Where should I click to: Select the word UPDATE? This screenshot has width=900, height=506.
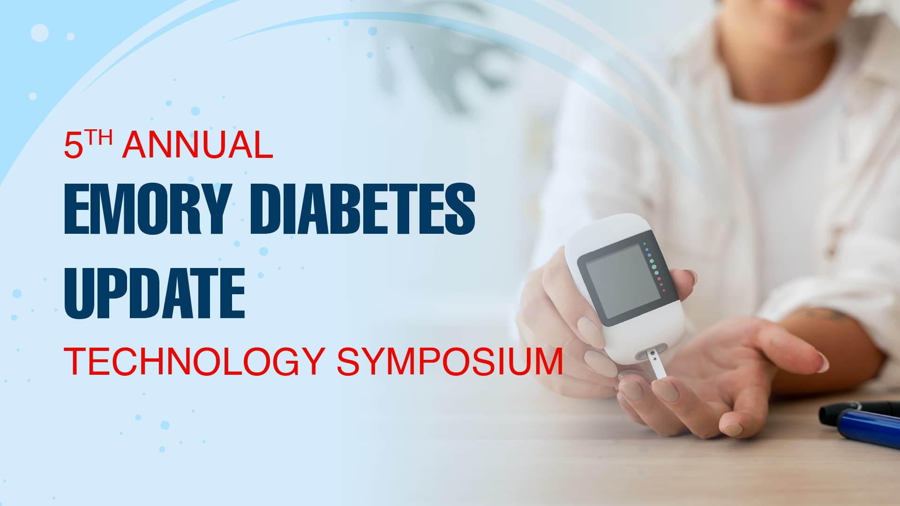pyautogui.click(x=155, y=293)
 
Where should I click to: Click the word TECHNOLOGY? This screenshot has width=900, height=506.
pyautogui.click(x=194, y=361)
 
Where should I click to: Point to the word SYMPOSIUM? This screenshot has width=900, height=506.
pyautogui.click(x=450, y=361)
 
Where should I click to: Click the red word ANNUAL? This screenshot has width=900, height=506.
pyautogui.click(x=197, y=145)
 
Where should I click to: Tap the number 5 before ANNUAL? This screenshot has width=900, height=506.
pyautogui.click(x=73, y=146)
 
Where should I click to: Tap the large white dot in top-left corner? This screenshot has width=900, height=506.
pyautogui.click(x=40, y=33)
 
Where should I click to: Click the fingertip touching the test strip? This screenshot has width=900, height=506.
pyautogui.click(x=663, y=389)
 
